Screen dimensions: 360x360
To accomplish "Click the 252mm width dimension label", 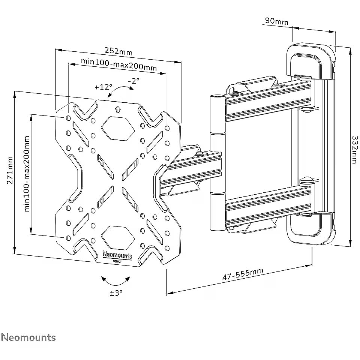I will [x=118, y=51].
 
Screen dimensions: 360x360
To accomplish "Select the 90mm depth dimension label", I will [x=277, y=21].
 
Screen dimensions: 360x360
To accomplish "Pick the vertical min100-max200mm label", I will [x=27, y=174].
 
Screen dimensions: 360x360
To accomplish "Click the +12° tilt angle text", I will [x=103, y=87].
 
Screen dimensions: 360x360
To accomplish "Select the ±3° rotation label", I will [x=116, y=293].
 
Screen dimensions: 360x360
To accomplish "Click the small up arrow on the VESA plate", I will [x=117, y=109].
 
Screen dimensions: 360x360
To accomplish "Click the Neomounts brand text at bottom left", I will [x=28, y=337].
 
